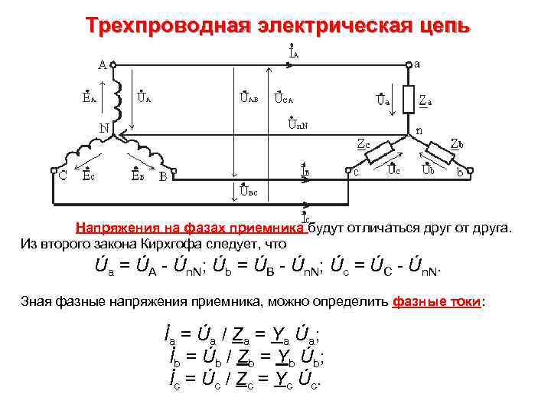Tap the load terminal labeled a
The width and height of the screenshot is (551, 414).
(x=417, y=64)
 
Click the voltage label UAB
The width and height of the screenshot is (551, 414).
(x=248, y=97)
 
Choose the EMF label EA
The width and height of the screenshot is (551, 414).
(x=89, y=97)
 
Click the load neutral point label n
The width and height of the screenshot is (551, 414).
(x=419, y=131)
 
